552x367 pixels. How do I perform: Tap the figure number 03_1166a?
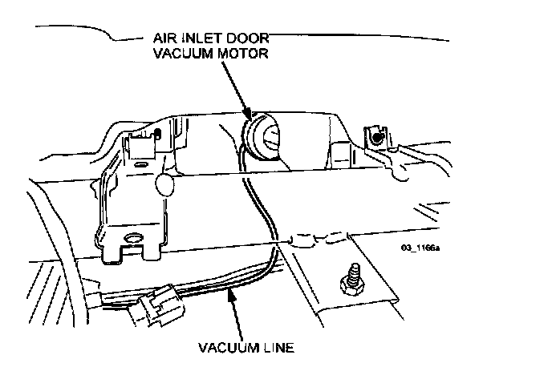click(422, 247)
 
